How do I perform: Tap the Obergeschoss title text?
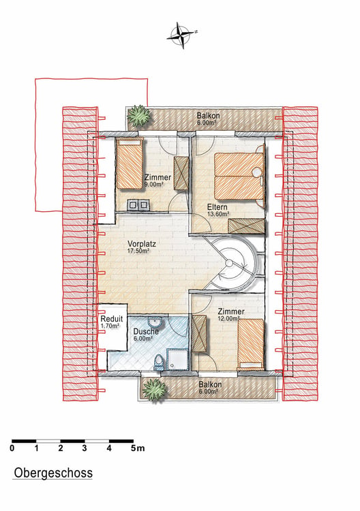tap(53, 473)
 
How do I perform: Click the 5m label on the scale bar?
tap(138, 448)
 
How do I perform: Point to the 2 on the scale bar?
tap(61, 448)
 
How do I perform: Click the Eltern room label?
tap(217, 207)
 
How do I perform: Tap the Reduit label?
tap(112, 319)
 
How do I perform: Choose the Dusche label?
tap(146, 331)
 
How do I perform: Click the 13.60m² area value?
tap(218, 214)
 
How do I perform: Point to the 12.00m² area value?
tap(229, 318)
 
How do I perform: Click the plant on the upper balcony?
tap(139, 114)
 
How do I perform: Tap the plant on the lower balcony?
tap(154, 390)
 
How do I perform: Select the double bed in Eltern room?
tap(239, 176)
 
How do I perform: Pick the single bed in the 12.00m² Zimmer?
tap(251, 344)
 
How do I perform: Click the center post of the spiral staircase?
tap(230, 263)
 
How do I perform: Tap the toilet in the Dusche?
tap(159, 362)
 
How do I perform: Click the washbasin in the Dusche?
tap(155, 322)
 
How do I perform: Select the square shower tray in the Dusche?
tap(177, 359)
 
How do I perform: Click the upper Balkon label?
tap(208, 116)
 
